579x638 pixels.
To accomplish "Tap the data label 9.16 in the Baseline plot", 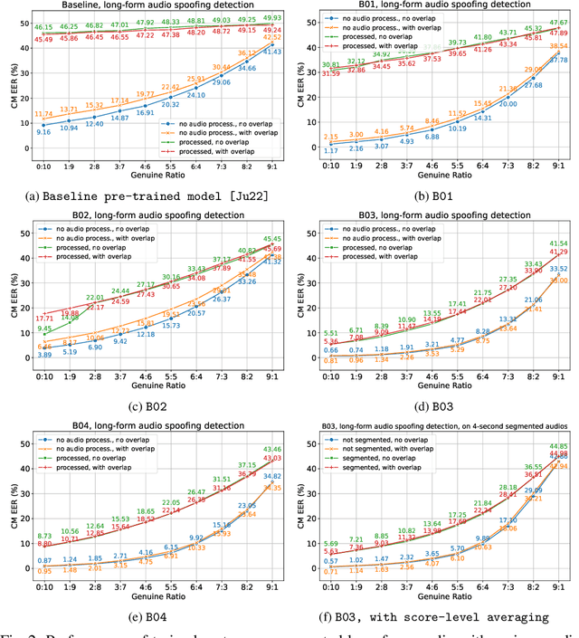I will [43, 132].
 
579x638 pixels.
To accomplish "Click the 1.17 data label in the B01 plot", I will [331, 149].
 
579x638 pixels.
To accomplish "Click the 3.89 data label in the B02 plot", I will [43, 356].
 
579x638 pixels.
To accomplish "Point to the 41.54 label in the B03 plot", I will [558, 243].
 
